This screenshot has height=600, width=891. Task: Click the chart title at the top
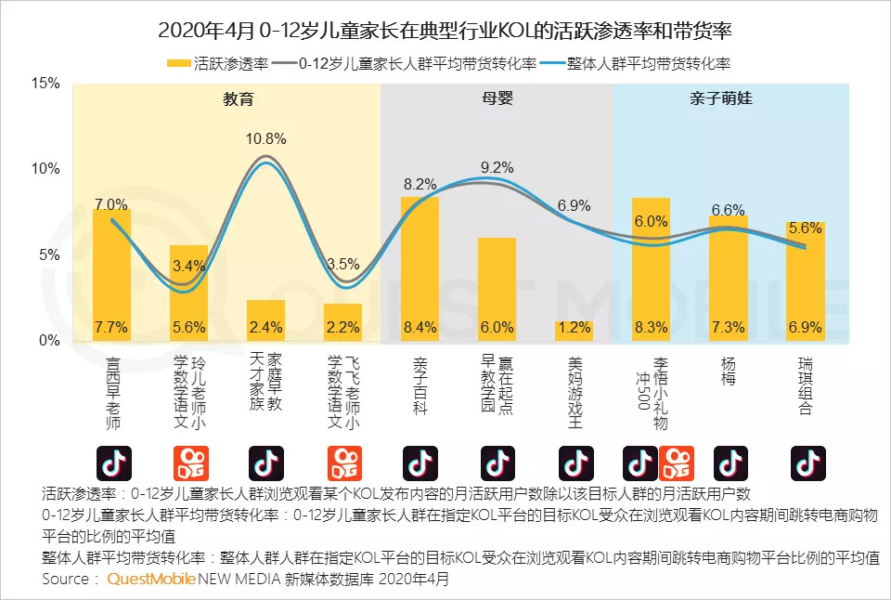point(445,30)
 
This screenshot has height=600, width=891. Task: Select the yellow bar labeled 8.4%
point(420,269)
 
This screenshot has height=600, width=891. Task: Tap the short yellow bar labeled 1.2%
point(575,331)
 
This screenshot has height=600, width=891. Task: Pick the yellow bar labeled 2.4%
point(265,320)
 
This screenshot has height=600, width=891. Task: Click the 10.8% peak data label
point(265,138)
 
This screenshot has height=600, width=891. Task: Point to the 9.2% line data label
point(497,167)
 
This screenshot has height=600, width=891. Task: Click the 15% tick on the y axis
point(45,84)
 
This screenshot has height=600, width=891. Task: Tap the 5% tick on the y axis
point(48,255)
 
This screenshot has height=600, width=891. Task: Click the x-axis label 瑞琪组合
point(806,385)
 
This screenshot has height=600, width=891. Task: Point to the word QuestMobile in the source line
point(151,579)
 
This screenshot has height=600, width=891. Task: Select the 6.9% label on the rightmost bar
point(806,327)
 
